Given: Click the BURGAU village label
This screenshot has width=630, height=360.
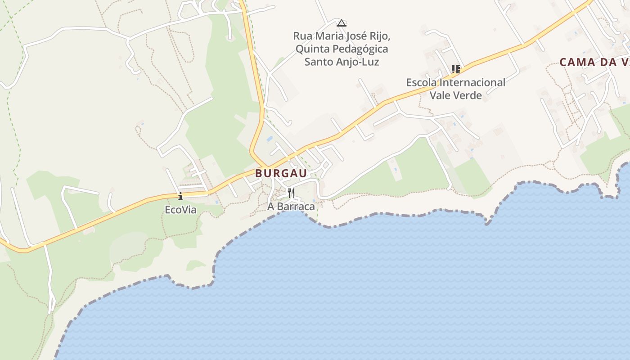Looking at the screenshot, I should point(281,173).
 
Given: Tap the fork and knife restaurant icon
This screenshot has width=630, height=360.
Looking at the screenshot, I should point(291,193).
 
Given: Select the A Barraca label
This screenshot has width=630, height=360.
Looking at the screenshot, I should point(291,207).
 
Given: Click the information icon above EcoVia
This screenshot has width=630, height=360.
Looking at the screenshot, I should point(180,196).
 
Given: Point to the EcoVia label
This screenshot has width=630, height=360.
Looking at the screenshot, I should point(180,210).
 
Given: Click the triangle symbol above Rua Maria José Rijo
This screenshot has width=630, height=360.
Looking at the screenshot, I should point(342,23).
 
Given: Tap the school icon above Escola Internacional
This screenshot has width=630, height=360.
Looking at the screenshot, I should point(456,69).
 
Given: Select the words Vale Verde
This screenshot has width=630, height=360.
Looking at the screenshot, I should point(456,95).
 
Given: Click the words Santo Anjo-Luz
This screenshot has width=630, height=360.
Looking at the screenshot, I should point(342,62).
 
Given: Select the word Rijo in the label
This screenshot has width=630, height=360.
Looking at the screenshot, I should point(379,36).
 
